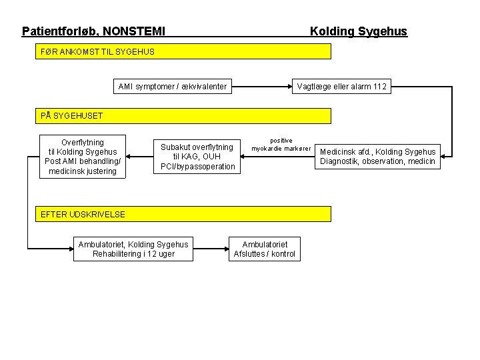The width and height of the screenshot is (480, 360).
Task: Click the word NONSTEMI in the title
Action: (x=134, y=31)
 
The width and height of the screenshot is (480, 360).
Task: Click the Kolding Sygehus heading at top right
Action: (x=358, y=31)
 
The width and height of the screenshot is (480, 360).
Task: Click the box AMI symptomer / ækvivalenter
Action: (x=172, y=86)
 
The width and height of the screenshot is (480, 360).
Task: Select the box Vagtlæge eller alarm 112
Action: (x=341, y=86)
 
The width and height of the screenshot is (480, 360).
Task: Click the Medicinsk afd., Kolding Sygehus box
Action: (x=377, y=157)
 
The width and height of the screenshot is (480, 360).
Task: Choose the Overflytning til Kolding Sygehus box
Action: (x=83, y=157)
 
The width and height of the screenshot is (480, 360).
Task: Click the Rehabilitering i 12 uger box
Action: (x=133, y=249)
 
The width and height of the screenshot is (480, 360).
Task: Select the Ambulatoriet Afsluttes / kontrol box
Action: (x=264, y=249)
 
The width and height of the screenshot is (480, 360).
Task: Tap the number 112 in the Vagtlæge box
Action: (x=379, y=86)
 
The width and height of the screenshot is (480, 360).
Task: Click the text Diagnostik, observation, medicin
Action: (x=377, y=161)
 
